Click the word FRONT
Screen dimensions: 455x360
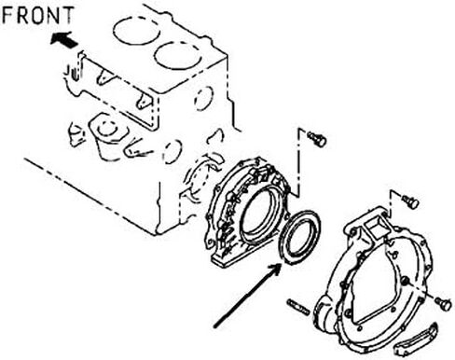(38, 15)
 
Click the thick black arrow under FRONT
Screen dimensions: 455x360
(63, 39)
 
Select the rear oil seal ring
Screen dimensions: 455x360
(300, 238)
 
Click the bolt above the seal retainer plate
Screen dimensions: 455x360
(317, 139)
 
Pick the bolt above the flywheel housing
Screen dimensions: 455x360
(410, 201)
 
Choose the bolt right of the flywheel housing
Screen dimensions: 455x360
(443, 303)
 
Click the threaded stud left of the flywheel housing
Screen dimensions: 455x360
(298, 307)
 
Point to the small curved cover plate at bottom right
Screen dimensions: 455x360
(417, 339)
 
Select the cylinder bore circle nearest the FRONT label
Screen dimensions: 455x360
(137, 31)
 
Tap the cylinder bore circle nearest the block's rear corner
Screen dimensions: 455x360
(178, 56)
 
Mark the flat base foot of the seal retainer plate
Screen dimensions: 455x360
(231, 256)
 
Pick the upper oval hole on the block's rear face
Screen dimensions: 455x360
(204, 98)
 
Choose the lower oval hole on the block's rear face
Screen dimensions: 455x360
(172, 152)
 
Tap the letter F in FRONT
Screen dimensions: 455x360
(7, 16)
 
